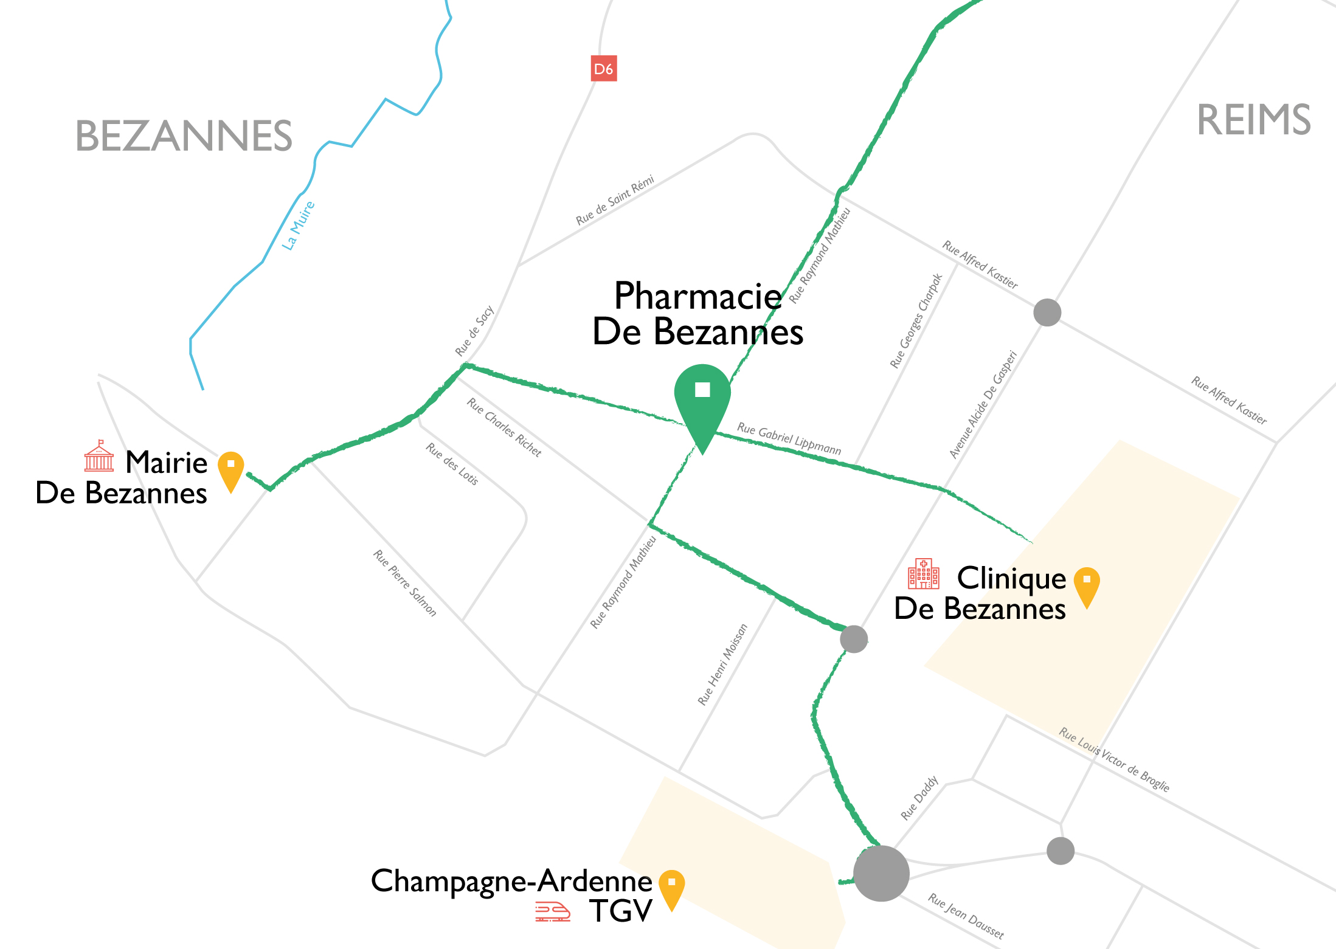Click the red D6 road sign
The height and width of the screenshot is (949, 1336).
coord(604,69)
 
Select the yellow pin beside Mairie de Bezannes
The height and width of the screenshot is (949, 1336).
coord(231,468)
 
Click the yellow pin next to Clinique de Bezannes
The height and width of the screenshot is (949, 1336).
coord(1087,584)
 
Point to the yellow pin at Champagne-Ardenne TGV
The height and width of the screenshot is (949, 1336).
coord(671,886)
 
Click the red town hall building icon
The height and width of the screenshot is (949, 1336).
coord(99,457)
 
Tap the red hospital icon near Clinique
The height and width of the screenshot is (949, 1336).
coord(923,574)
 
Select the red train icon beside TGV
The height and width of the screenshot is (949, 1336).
coord(552,912)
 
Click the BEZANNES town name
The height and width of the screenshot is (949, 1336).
coord(184,136)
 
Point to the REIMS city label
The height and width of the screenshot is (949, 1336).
coord(1253,120)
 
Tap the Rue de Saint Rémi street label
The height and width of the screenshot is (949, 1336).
coord(615,200)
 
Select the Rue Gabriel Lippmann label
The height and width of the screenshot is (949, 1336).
coord(789,438)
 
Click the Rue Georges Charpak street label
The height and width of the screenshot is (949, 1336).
coord(916,321)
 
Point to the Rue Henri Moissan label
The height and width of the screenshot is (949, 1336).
coord(722,664)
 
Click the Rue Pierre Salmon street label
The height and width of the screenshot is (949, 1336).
coord(404,583)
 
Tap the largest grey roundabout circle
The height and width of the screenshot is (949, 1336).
coord(881,873)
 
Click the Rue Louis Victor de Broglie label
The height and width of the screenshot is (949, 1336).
coord(1114,759)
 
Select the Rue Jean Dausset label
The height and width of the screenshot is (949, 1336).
coord(966,916)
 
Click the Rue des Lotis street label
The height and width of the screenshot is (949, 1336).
coord(452,464)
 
